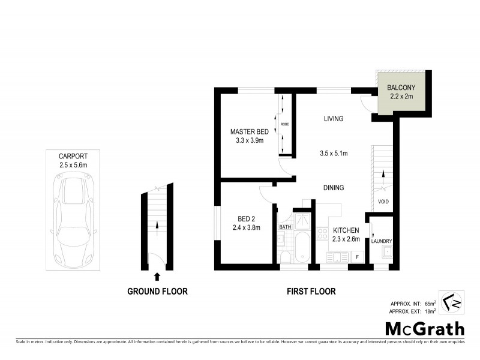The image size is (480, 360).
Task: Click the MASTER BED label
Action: [250, 132]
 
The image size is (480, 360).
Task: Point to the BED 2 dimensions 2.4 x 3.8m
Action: [246, 227]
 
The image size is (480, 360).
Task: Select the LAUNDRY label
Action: [382, 242]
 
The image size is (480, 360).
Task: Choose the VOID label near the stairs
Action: [382, 202]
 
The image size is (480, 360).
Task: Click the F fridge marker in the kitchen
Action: [358, 257]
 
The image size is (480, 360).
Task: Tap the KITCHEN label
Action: [346, 230]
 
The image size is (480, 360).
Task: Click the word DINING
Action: [333, 188]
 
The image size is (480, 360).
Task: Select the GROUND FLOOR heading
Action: [157, 292]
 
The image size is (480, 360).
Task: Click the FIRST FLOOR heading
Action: [310, 292]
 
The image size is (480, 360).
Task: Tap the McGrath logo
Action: [424, 328]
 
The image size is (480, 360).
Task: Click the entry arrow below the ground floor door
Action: [157, 277]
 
